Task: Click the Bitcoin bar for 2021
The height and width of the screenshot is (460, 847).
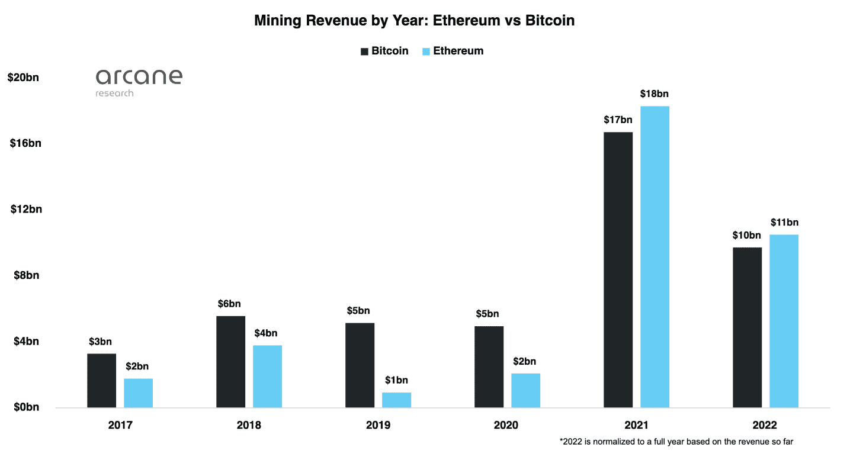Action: coord(618,269)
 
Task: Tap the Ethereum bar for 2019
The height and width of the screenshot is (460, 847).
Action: coord(396,400)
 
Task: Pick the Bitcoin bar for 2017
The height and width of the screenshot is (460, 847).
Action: coord(101,380)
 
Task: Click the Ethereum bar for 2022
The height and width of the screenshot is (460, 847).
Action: coord(784,321)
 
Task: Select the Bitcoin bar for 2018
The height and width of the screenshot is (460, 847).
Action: coord(230,361)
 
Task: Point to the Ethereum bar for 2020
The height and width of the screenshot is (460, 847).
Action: coord(525,390)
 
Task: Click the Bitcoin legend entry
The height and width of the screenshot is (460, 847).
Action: coord(384,51)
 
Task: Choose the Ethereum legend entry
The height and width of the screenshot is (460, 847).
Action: coord(453,51)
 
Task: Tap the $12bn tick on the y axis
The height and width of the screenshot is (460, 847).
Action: coord(26,209)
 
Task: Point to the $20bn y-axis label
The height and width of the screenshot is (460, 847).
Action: coord(23,77)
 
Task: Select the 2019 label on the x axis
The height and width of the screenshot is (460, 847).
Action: coord(377,425)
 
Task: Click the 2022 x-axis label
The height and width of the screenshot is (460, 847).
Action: coord(765,425)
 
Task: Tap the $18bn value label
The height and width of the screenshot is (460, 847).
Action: coord(654,94)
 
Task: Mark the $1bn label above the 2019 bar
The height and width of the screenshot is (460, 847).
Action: coord(396,380)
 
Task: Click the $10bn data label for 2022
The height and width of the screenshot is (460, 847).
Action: coord(747,235)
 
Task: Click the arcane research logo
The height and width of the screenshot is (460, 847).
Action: coord(139,82)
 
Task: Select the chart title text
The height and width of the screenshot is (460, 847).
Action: coord(415,20)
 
